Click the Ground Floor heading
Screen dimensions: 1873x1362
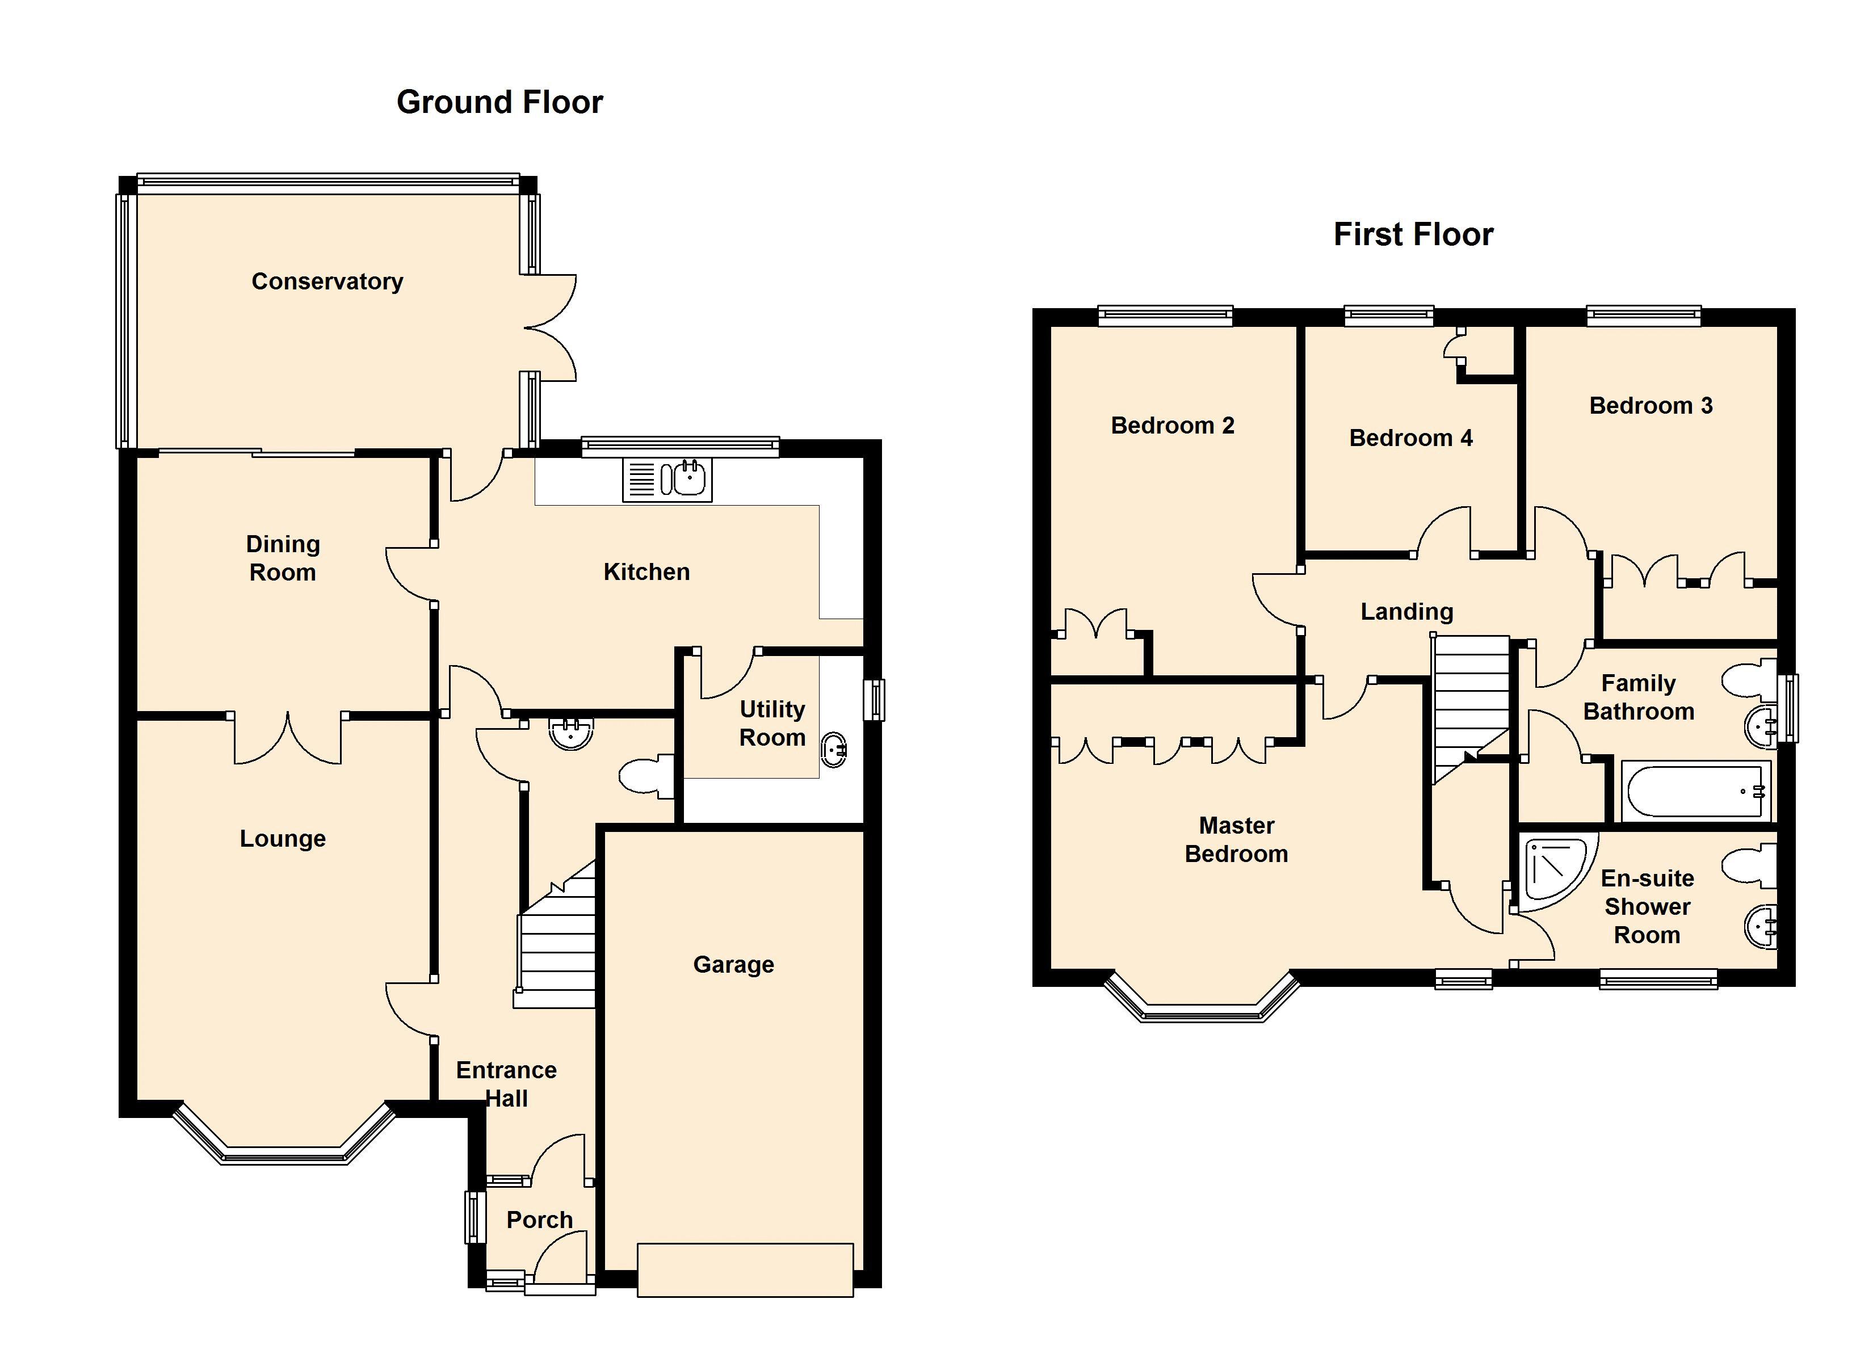pyautogui.click(x=499, y=102)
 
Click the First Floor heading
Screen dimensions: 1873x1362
pyautogui.click(x=1413, y=234)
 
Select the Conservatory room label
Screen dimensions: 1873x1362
pyautogui.click(x=327, y=281)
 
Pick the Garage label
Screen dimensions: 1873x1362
pyautogui.click(x=733, y=965)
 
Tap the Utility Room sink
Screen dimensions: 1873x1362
pyautogui.click(x=834, y=749)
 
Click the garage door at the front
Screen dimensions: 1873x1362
pyautogui.click(x=745, y=1270)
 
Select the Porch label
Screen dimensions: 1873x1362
pyautogui.click(x=539, y=1220)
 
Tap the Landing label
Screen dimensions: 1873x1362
pyautogui.click(x=1406, y=612)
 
